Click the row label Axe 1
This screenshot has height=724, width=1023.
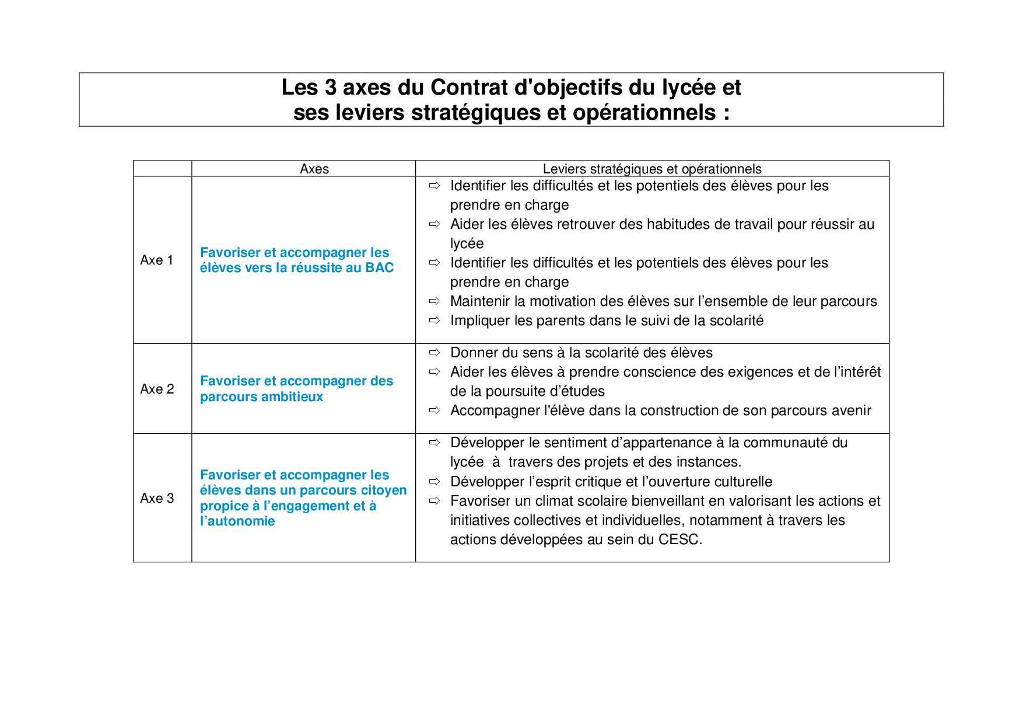[x=156, y=260]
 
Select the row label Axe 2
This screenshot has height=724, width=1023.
[x=156, y=389]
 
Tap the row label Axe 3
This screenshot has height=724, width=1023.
[x=156, y=499]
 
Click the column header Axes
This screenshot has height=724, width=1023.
[x=314, y=169]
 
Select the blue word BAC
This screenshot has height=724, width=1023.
[x=379, y=268]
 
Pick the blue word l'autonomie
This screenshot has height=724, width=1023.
[x=237, y=521]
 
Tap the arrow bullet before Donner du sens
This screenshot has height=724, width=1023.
[x=434, y=353]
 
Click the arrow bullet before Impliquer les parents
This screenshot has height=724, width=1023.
[x=434, y=321]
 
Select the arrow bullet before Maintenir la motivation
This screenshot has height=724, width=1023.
[x=434, y=301]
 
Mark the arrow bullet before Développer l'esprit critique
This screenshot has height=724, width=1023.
[x=434, y=482]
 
